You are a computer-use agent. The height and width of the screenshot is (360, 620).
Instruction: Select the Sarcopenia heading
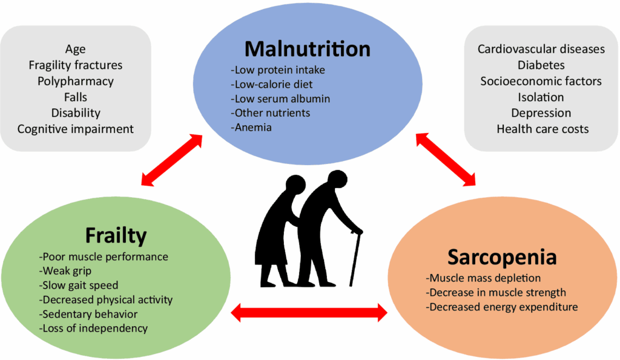[x=502, y=257]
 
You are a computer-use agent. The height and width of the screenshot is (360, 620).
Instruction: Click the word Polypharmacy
[x=76, y=80]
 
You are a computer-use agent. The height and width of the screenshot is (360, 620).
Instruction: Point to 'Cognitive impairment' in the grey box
[x=76, y=129]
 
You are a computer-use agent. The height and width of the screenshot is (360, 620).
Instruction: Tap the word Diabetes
[x=541, y=65]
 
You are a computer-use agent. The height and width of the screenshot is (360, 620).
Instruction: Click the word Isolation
[x=541, y=97]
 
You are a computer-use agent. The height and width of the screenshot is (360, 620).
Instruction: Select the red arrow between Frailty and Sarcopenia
[x=309, y=312]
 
